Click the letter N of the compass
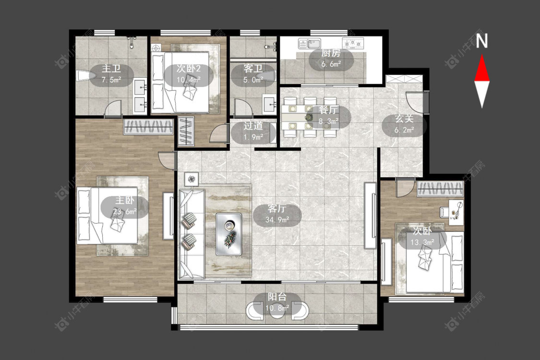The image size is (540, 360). coord(482,41)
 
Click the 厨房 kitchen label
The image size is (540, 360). coord(331,53)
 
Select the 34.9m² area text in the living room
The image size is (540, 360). coord(277,219)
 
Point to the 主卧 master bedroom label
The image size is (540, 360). coord(125,200)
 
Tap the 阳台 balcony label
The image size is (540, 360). coord(277,297)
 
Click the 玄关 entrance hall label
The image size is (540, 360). coord(404,119)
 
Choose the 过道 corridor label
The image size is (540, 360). coord(253,126)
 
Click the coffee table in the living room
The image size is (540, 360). coord(228,234)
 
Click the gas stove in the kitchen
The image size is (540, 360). coord(353,43)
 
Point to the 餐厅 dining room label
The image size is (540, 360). coord(328,110)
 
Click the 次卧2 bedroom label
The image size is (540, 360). coord(188,69)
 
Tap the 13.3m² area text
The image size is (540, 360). coord(422,242)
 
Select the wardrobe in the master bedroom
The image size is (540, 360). coord(148,127)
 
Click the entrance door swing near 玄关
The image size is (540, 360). coord(415,102)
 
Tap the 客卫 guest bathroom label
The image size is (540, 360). coord(253,69)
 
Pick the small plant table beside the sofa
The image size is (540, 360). coord(192,179)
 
